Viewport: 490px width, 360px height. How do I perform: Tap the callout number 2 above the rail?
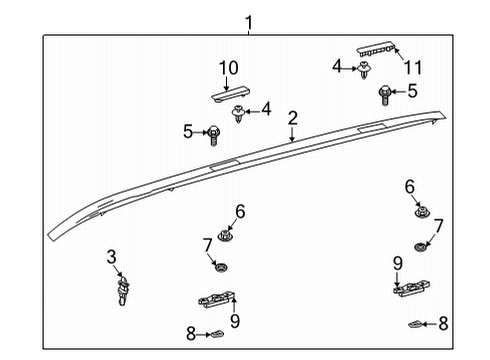click(x=292, y=118)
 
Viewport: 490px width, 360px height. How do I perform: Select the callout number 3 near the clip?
click(x=112, y=257)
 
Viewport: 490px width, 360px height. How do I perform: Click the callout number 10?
click(x=229, y=68)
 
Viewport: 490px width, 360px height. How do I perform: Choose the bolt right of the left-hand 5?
click(x=212, y=131)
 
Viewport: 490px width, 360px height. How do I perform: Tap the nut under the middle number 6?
click(x=226, y=236)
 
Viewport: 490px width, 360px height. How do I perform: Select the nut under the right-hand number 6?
click(x=421, y=212)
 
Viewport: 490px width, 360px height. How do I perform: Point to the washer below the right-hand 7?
click(x=422, y=245)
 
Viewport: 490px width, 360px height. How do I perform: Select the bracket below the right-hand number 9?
click(x=410, y=288)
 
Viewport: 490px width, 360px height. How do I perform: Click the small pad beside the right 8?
click(x=417, y=323)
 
